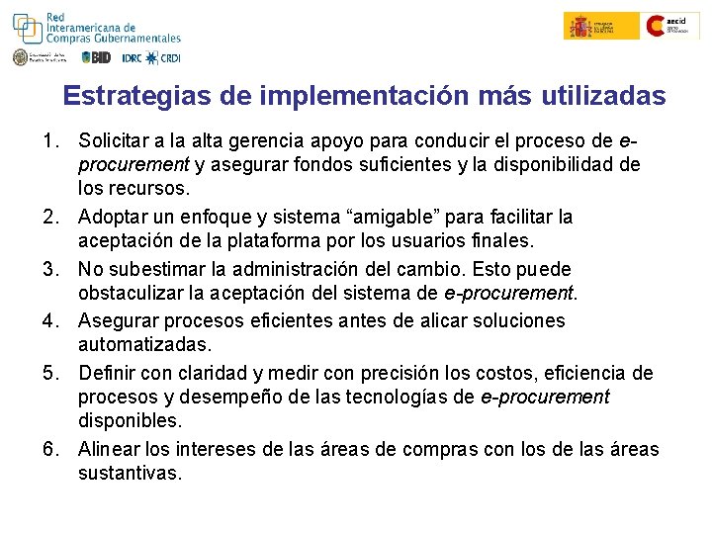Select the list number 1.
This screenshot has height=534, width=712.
pyautogui.click(x=51, y=140)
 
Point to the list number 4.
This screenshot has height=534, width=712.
pyautogui.click(x=51, y=320)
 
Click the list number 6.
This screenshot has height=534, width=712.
pyautogui.click(x=51, y=449)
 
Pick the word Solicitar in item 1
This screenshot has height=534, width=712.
pyautogui.click(x=113, y=140)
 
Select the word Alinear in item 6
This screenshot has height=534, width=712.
pyautogui.click(x=109, y=449)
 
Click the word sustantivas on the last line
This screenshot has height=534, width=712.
pyautogui.click(x=130, y=474)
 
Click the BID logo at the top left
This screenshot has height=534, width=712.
pyautogui.click(x=97, y=57)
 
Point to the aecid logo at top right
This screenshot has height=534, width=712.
pyautogui.click(x=672, y=26)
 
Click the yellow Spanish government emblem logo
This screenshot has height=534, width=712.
pyautogui.click(x=590, y=26)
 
